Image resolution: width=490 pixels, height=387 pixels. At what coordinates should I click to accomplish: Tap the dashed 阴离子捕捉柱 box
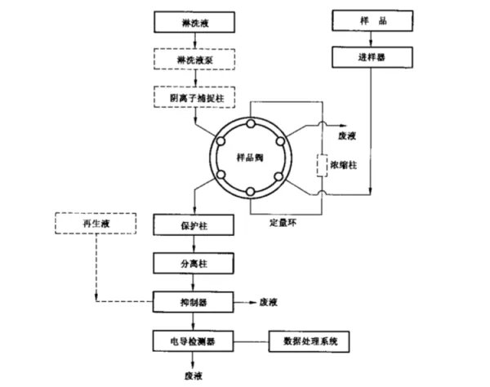pyautogui.click(x=193, y=97)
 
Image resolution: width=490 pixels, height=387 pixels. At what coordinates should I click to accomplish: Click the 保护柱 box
pyautogui.click(x=194, y=222)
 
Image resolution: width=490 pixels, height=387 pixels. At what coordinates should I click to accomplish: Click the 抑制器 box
pyautogui.click(x=194, y=301)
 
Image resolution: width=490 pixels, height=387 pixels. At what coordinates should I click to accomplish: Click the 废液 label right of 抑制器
pyautogui.click(x=270, y=301)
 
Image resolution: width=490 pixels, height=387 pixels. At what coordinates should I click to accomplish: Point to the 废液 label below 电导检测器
pyautogui.click(x=194, y=376)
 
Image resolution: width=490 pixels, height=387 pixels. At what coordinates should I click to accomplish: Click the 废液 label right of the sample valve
pyautogui.click(x=346, y=136)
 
